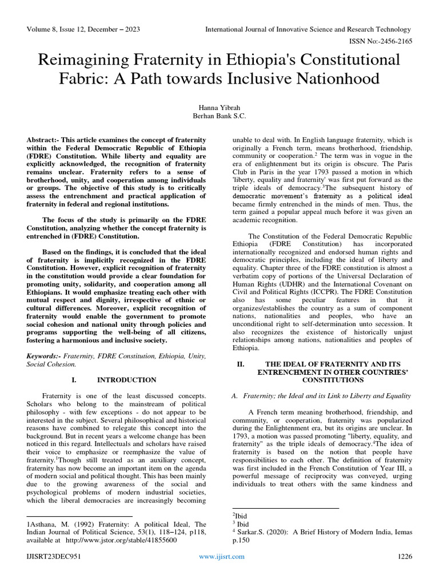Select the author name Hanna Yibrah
click(219, 106)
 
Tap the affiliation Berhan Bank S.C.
click(219, 115)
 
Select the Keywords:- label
click(43, 356)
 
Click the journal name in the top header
click(308, 29)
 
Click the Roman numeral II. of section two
click(241, 364)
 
